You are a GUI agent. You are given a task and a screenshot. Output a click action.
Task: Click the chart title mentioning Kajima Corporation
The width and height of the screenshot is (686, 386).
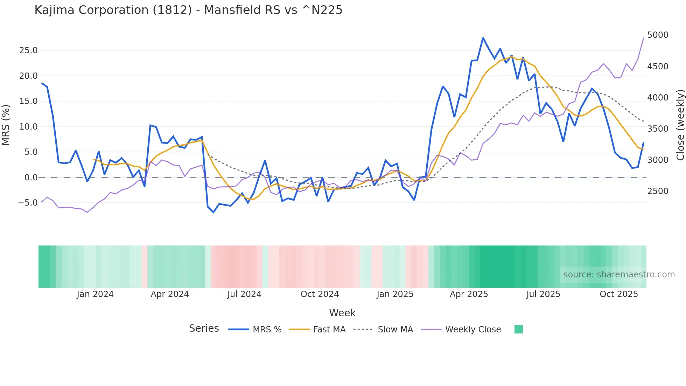coord(188,10)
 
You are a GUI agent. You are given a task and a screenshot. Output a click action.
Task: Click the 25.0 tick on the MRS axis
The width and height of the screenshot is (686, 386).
coord(28,50)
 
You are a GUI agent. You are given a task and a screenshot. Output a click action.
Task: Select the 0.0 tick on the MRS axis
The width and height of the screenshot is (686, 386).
coord(31,178)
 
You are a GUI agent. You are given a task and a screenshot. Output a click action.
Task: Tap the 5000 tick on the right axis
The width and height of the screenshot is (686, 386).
coord(658,35)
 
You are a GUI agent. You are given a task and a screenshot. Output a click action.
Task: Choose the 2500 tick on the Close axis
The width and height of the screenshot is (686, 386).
coord(658,191)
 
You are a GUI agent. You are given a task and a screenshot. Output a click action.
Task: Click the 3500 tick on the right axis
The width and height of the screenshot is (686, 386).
coord(658,129)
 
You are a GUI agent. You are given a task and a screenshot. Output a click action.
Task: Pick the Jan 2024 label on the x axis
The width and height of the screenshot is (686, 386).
coord(95,294)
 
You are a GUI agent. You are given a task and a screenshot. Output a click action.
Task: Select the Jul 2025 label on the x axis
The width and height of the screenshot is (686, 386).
coord(543,294)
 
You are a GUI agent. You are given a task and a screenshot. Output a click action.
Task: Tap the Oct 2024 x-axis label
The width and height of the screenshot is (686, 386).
coord(320,294)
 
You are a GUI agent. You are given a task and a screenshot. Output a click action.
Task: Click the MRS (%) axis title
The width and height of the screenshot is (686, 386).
coord(6,125)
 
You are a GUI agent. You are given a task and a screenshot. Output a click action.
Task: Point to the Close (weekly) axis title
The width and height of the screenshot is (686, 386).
coord(680,125)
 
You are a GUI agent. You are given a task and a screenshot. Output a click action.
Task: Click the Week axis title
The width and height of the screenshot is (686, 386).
coord(342,313)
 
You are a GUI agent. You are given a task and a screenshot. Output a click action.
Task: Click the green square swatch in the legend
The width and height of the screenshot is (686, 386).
coord(519,329)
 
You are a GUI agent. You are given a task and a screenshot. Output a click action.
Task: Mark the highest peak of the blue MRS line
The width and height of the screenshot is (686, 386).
coord(483,38)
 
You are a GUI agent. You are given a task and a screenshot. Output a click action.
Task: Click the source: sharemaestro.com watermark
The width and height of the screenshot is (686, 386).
coord(619,275)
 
